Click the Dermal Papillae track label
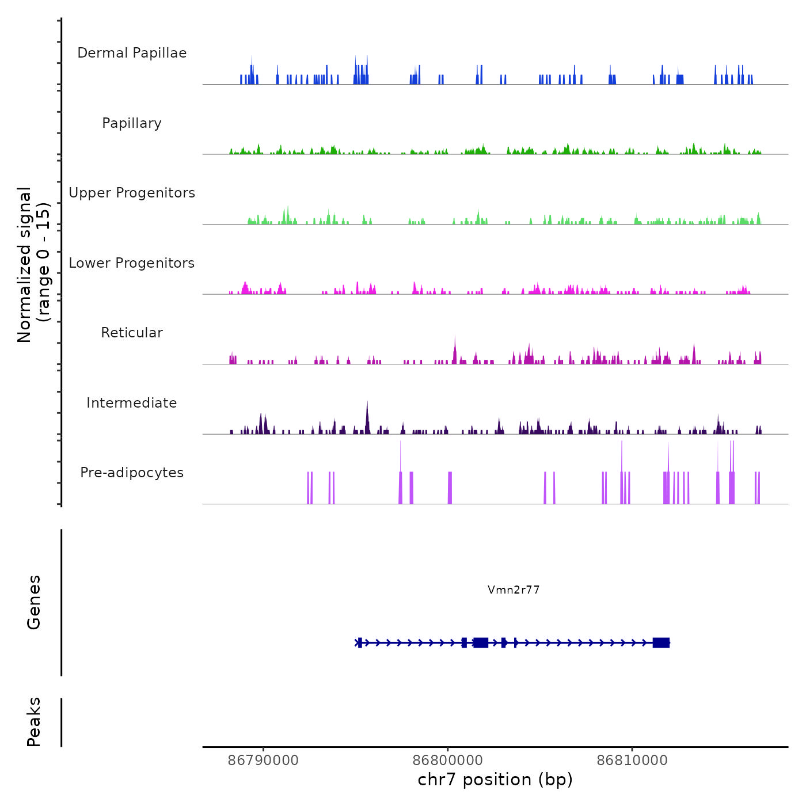(x=132, y=53)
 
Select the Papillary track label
(x=132, y=123)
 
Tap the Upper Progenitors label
(x=132, y=193)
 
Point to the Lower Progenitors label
(x=132, y=263)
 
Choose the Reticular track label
(x=132, y=333)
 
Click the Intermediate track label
(x=132, y=403)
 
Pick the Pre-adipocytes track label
(x=132, y=473)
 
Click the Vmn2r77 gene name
(x=514, y=590)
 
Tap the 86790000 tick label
(x=264, y=760)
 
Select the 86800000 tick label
(x=448, y=760)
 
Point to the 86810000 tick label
(x=632, y=760)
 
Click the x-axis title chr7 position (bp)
(x=495, y=780)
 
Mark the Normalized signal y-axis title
(x=33, y=264)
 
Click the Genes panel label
(x=34, y=602)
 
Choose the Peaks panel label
(x=34, y=722)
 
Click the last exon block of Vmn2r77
(x=661, y=642)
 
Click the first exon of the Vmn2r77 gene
(x=360, y=642)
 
